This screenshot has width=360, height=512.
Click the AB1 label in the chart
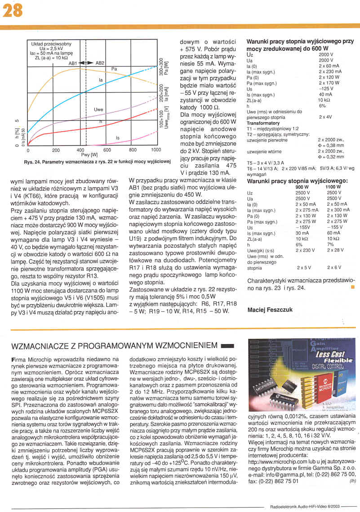pos(73,63)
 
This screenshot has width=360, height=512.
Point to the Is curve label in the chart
pos(118,138)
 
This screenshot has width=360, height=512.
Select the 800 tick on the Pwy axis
pos(133,150)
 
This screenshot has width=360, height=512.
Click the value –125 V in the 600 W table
pos(325,89)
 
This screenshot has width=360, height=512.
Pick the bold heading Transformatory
pos(263,123)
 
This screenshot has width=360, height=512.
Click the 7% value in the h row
pos(330,245)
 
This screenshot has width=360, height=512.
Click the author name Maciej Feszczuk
pos(270,310)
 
